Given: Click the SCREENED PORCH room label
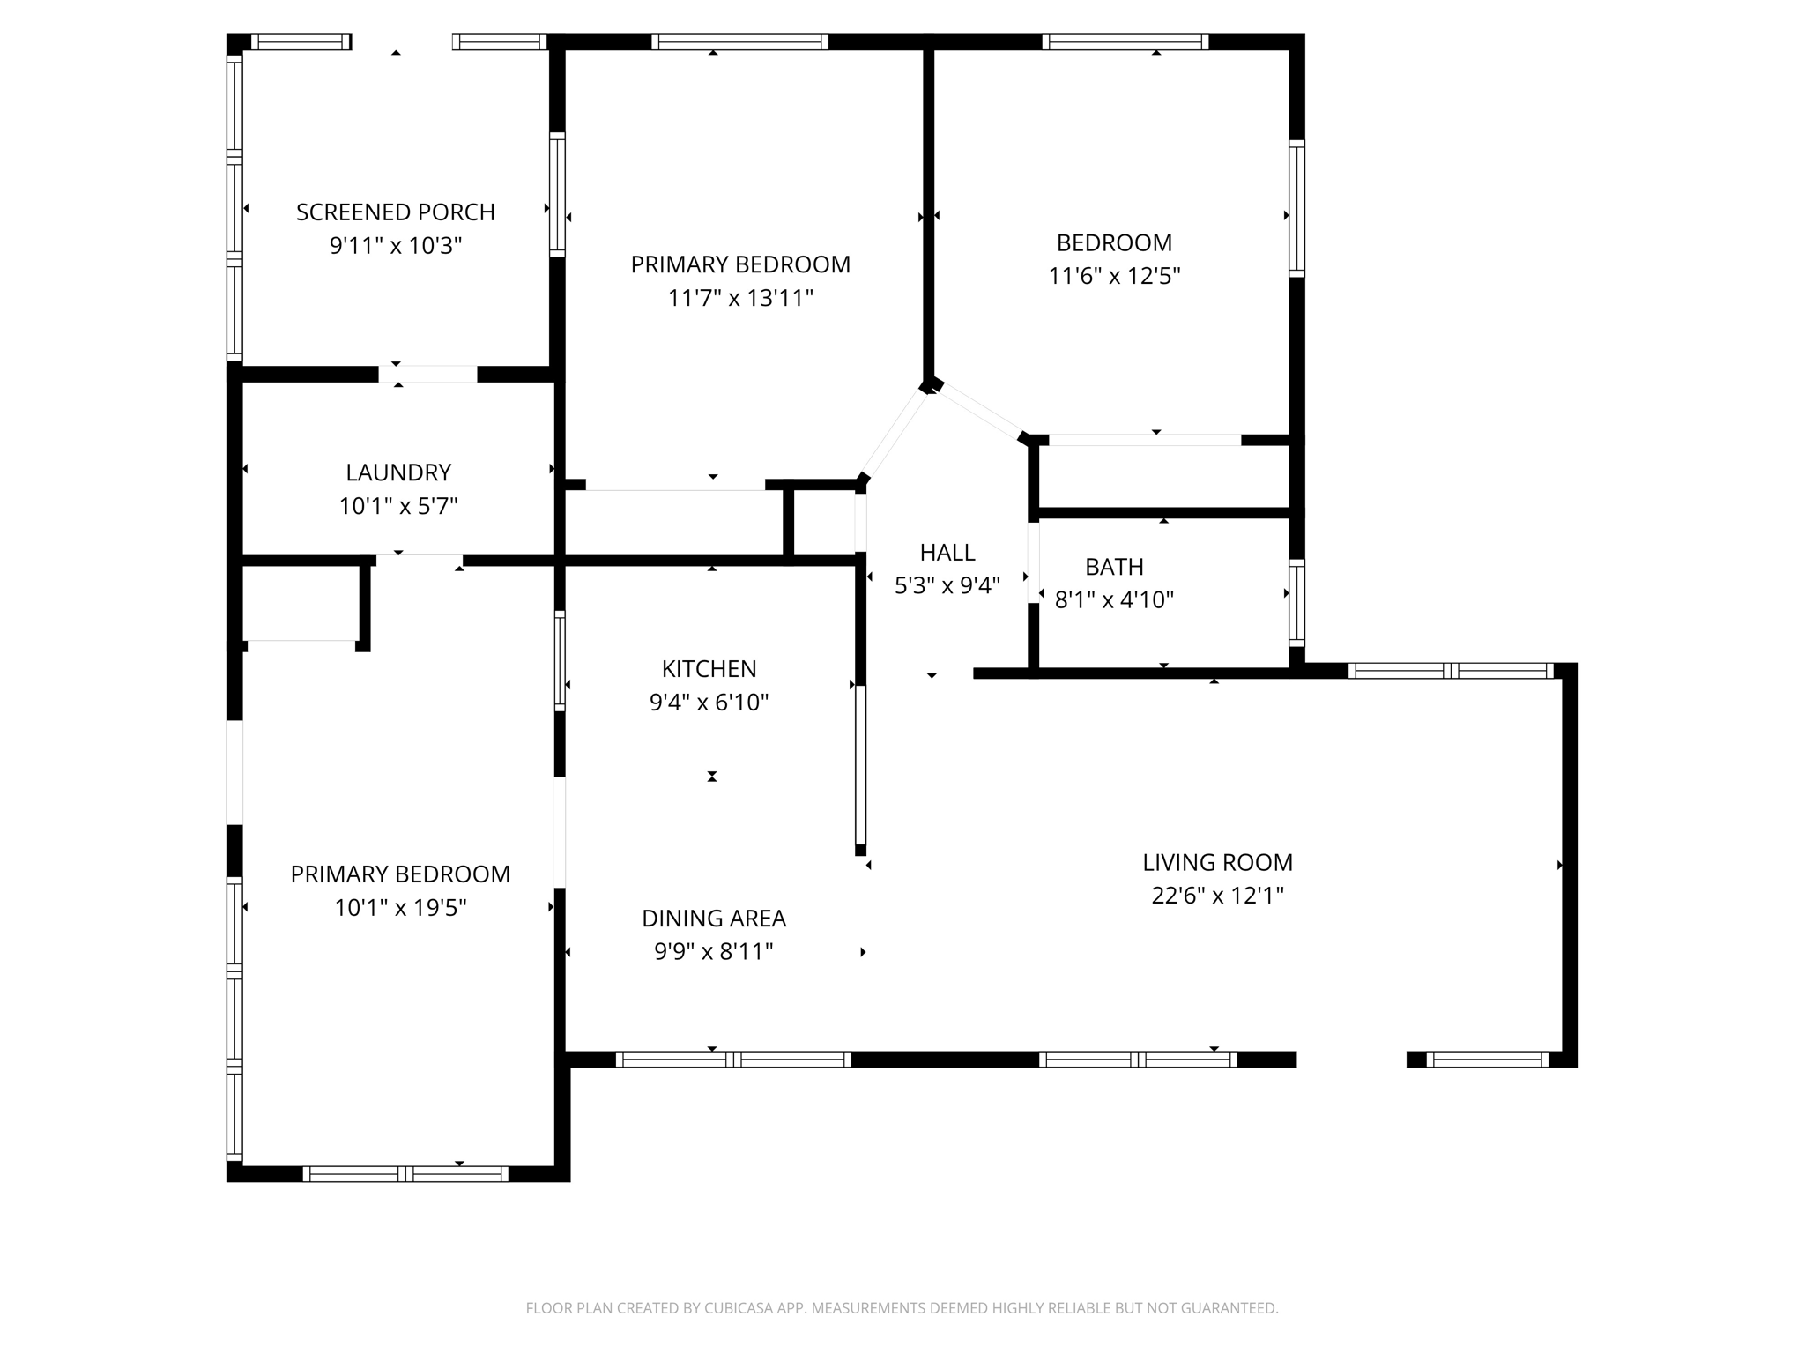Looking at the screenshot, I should point(395,212).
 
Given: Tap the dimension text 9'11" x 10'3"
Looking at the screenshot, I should point(395,246).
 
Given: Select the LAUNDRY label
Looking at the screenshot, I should point(398,472).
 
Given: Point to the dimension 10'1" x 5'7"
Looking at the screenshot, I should point(398,507).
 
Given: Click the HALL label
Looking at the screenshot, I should point(947,553).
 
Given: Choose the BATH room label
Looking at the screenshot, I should point(1114,567).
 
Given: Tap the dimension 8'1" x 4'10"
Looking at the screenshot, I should point(1114,600).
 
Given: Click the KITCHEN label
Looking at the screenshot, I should point(709,669).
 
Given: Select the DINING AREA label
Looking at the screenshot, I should point(713,919).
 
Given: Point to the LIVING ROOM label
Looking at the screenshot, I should point(1217,862).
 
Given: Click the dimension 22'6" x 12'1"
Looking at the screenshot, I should point(1217,896).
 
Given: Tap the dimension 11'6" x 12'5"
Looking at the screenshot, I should point(1114,276).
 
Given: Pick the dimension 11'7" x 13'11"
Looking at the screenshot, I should point(740,298).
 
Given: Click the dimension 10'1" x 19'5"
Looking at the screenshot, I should point(400,908).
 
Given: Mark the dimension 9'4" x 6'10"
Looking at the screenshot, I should point(709,703).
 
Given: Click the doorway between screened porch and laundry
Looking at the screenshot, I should point(427,375).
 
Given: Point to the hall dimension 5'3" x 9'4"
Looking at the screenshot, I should point(947,586).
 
